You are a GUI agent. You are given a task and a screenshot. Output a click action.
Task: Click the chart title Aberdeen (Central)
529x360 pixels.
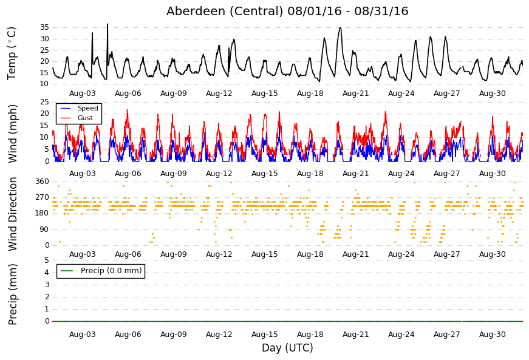[x=224, y=11]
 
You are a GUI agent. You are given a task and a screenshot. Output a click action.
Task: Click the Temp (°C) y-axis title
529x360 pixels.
[x=12, y=53]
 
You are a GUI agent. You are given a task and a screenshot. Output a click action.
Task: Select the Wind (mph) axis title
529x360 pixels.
[x=12, y=134]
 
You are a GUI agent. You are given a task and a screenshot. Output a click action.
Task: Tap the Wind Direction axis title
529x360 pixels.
[x=13, y=214]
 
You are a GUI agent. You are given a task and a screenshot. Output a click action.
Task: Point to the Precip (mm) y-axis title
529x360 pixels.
[x=13, y=294]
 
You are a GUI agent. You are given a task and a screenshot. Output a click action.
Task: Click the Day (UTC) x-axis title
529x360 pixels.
[x=287, y=347]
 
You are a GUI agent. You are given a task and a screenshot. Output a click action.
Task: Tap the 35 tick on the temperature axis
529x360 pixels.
[x=44, y=27]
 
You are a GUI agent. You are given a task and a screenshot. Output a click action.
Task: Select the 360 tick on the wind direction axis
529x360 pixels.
[x=43, y=182]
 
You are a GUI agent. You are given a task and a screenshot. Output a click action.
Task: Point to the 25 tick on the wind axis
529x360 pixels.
[x=44, y=102]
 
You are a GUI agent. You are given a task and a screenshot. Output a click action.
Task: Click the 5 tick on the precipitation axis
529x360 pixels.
[x=47, y=260]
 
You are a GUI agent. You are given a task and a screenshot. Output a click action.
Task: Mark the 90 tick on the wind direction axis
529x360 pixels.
[x=44, y=229]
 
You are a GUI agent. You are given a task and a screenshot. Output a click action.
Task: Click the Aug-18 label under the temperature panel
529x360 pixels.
[x=310, y=93]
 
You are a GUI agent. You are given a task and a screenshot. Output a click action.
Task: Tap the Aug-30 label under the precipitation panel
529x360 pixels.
[x=492, y=335]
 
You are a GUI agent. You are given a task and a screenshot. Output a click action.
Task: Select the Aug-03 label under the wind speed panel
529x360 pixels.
[x=83, y=174]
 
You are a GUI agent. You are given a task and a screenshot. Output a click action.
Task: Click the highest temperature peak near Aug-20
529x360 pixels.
[x=340, y=28]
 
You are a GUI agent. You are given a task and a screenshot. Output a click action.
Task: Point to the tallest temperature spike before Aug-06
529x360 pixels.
[x=108, y=24]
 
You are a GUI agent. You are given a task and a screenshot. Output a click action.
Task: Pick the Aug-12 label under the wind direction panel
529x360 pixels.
[x=219, y=254]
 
